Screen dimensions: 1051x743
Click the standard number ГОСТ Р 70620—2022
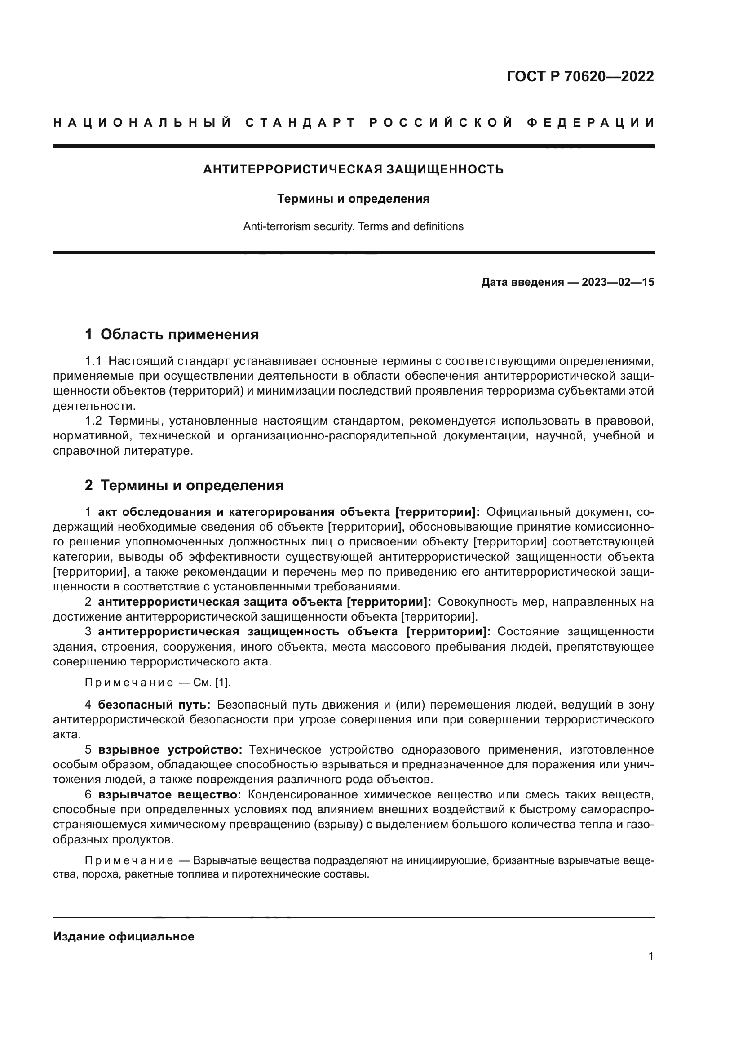click(x=580, y=76)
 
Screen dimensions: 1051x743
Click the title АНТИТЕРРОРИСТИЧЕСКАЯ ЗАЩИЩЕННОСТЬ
click(x=353, y=170)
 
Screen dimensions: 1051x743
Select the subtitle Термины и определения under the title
click(x=353, y=199)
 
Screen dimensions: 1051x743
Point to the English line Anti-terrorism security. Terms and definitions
click(x=353, y=226)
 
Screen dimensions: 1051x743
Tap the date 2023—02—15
click(x=618, y=283)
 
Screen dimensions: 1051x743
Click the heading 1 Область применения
click(x=172, y=335)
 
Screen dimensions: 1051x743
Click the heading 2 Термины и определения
click(x=184, y=486)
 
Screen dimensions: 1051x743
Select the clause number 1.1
click(x=93, y=361)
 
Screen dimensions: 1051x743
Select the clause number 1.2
click(x=93, y=421)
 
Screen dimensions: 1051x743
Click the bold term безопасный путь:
click(x=154, y=705)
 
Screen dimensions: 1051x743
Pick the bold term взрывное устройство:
click(x=170, y=750)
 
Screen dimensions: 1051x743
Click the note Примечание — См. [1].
click(x=158, y=683)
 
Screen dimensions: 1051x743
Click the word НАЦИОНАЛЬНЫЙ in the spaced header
click(x=142, y=123)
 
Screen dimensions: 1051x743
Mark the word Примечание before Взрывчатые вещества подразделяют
click(x=129, y=860)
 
